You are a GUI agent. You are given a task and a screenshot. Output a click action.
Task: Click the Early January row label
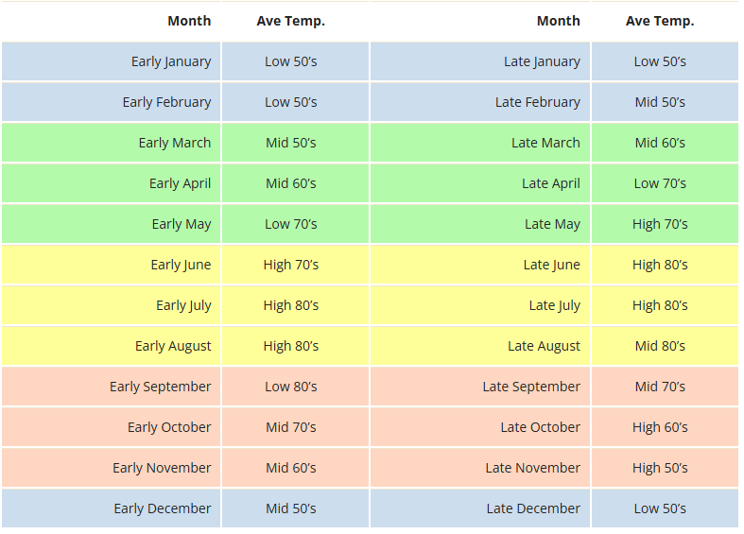pos(171,61)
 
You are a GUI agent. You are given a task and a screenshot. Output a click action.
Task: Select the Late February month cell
pos(538,102)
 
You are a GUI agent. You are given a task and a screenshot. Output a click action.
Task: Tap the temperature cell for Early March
pos(291,143)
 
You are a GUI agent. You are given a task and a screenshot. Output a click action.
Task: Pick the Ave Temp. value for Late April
pos(660,183)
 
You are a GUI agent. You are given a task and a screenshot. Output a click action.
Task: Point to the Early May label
pos(182,224)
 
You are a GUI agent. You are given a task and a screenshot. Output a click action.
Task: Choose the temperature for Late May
pos(660,224)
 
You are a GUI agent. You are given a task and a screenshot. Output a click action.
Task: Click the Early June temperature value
pos(291,265)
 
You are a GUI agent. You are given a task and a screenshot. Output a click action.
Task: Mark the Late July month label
pos(555,306)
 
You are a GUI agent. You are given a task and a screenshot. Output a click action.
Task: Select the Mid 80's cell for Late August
pos(660,346)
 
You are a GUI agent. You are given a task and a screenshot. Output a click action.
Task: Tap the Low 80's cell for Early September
pos(291,387)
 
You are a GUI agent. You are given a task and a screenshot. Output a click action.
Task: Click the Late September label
pos(531,387)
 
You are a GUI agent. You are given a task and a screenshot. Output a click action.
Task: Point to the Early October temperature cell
pos(291,427)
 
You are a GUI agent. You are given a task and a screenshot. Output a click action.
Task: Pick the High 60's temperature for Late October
pos(660,427)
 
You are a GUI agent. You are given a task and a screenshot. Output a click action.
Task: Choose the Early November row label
pos(162,468)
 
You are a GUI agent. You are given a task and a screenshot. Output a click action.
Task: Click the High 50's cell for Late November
pos(660,468)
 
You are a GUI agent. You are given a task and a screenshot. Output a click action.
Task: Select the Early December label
pos(163,508)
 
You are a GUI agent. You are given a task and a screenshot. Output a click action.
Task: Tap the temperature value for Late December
pos(660,508)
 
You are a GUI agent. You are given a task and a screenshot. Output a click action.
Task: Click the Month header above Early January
pos(189,21)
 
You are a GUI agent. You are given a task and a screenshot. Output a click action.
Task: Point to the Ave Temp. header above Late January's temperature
pos(660,22)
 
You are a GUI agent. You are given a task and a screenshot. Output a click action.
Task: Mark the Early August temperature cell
pos(291,346)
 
